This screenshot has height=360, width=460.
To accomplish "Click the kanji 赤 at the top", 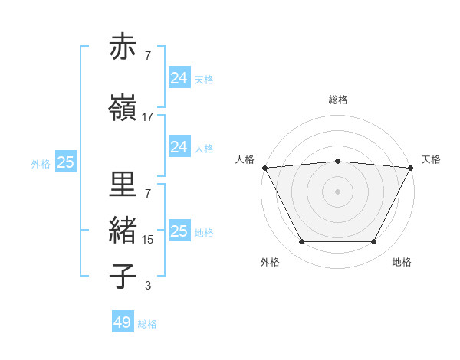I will tap(123, 47).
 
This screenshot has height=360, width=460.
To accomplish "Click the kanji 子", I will tap(123, 276).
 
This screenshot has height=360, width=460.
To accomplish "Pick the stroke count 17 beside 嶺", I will tap(147, 117).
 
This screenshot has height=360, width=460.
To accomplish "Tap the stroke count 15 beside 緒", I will tap(147, 240).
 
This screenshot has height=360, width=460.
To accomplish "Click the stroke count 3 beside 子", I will tap(147, 286).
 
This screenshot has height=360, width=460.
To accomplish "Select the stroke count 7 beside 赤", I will tap(147, 56).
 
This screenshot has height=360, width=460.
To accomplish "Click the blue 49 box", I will tap(123, 322).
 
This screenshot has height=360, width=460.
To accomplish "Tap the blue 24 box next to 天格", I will tap(179, 78).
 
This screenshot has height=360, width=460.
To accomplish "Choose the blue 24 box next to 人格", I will tap(179, 147).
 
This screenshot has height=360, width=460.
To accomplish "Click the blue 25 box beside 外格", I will tap(65, 162).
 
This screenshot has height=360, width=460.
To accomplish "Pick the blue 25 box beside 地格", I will tap(179, 231).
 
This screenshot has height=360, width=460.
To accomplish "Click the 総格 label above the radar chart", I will tap(338, 100).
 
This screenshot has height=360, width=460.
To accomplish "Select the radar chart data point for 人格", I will tap(264, 167).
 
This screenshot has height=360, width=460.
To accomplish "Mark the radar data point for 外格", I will tap(301, 242).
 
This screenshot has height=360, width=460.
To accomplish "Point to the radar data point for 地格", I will tap(374, 242).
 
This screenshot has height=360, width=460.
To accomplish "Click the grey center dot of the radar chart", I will tap(338, 191).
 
